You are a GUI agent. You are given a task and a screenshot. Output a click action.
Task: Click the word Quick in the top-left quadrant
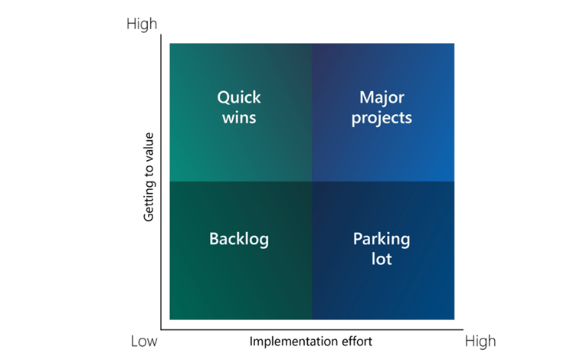[x=239, y=98]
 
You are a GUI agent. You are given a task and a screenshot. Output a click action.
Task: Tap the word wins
[x=239, y=118]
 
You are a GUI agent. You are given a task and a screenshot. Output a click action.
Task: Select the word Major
[x=382, y=98]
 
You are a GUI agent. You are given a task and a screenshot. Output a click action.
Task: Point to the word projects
[x=382, y=119]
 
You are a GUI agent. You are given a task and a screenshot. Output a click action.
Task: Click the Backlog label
[x=239, y=239]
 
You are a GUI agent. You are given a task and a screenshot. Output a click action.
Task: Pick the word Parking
[x=382, y=239]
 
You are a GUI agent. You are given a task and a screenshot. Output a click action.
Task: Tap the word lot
[x=382, y=259]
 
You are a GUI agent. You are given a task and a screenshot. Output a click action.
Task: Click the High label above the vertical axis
[x=142, y=25]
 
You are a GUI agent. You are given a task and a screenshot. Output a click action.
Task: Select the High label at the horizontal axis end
[x=480, y=341]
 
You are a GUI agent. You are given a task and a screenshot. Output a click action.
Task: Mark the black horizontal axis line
[x=306, y=326]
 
